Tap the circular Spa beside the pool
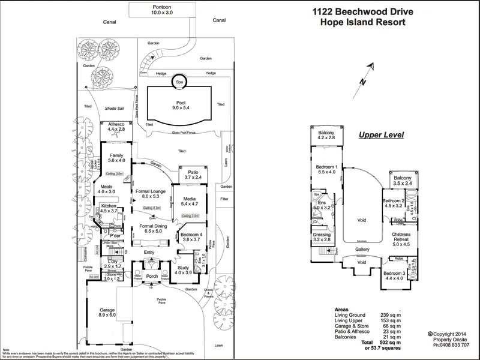click(179, 82)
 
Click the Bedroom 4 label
click(190, 236)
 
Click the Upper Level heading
click(380, 135)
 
